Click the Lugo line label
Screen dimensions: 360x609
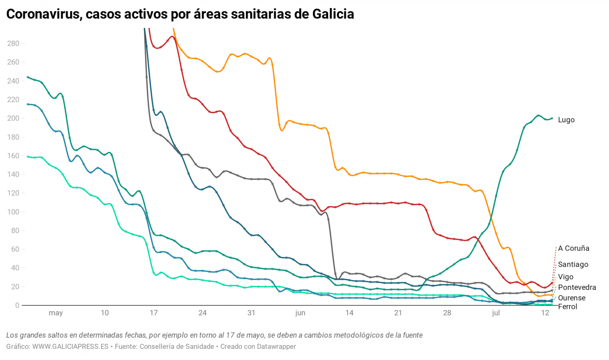click(x=566, y=120)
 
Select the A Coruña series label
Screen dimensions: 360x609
click(x=573, y=248)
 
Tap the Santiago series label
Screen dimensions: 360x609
click(x=573, y=264)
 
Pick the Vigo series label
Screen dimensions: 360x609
click(x=566, y=277)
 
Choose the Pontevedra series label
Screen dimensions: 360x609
click(x=577, y=287)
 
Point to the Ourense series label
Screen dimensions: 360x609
click(x=571, y=298)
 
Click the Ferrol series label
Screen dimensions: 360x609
click(x=567, y=307)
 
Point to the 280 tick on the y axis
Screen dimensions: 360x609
click(x=13, y=44)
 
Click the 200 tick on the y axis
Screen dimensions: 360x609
click(x=13, y=118)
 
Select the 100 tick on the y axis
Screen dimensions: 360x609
click(x=13, y=212)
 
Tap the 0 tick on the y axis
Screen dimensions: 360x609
click(x=17, y=305)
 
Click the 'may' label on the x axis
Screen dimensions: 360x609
click(x=56, y=313)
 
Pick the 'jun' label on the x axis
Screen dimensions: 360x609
click(x=300, y=313)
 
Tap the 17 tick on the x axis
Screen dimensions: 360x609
click(x=154, y=313)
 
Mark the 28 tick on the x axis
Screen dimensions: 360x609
click(x=446, y=313)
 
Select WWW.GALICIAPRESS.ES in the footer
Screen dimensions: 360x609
click(x=71, y=346)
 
